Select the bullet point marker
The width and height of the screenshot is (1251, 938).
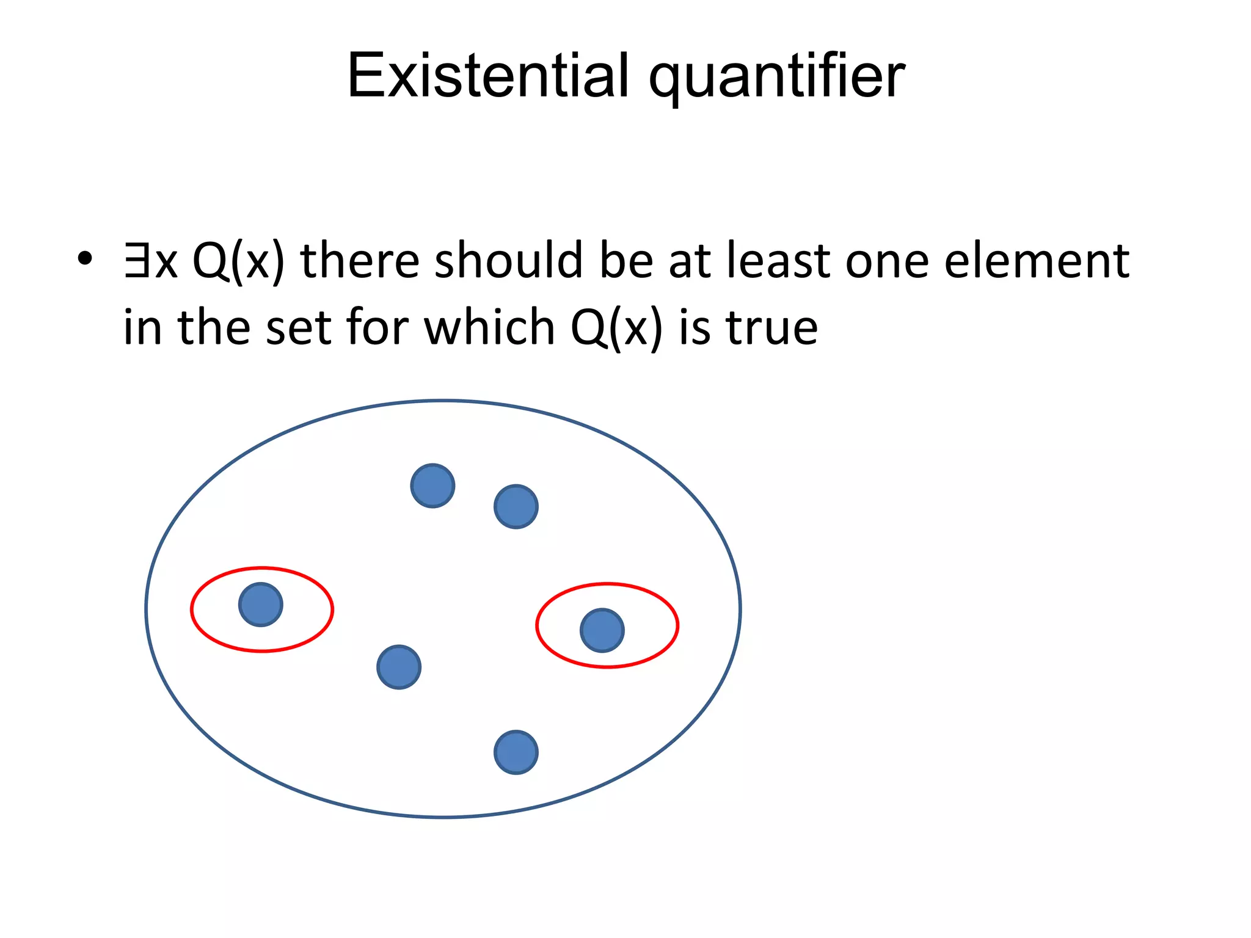pyautogui.click(x=84, y=259)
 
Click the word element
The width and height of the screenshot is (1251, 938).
pyautogui.click(x=1037, y=260)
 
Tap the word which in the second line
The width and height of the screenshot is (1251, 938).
pyautogui.click(x=489, y=327)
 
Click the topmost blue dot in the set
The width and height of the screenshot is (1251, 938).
pyautogui.click(x=432, y=486)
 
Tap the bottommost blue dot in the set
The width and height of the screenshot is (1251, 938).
pyautogui.click(x=516, y=752)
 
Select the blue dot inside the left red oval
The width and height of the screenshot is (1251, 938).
pyautogui.click(x=261, y=605)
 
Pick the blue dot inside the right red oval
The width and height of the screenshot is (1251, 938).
pyautogui.click(x=602, y=630)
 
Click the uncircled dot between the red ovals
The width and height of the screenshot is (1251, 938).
pyautogui.click(x=399, y=667)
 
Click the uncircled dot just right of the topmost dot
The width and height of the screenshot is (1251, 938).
pyautogui.click(x=516, y=507)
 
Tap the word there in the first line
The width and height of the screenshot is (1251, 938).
pyautogui.click(x=360, y=260)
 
